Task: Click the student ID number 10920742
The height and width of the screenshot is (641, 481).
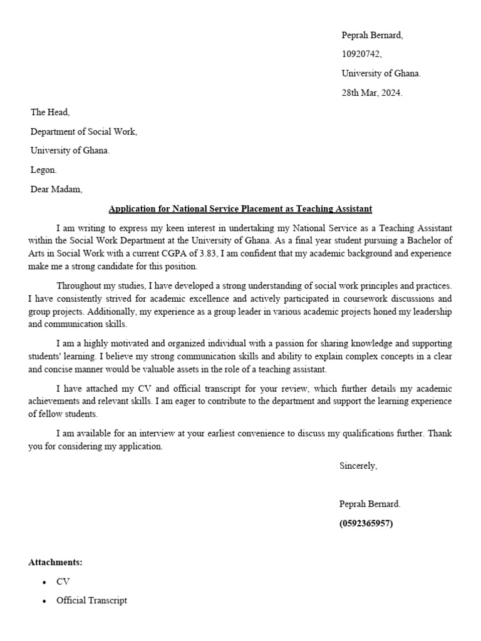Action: (361, 54)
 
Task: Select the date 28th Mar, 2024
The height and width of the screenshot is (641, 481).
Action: (372, 93)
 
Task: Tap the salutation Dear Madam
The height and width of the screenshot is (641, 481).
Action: (56, 189)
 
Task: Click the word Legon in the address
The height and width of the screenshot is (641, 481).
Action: (43, 170)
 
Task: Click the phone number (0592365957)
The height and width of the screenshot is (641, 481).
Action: (366, 523)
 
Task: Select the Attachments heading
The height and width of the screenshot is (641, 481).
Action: (55, 562)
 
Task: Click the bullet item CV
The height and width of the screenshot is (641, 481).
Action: (63, 582)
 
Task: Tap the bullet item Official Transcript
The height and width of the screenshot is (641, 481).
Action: (91, 600)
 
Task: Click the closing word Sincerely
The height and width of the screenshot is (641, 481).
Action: (358, 465)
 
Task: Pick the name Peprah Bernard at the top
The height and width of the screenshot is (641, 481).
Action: (372, 35)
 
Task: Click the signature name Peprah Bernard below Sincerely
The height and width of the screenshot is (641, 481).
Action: (370, 504)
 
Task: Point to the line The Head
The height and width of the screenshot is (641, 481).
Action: (50, 112)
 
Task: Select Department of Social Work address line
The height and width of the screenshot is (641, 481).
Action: (83, 131)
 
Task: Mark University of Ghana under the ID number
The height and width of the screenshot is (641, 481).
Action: (381, 73)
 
